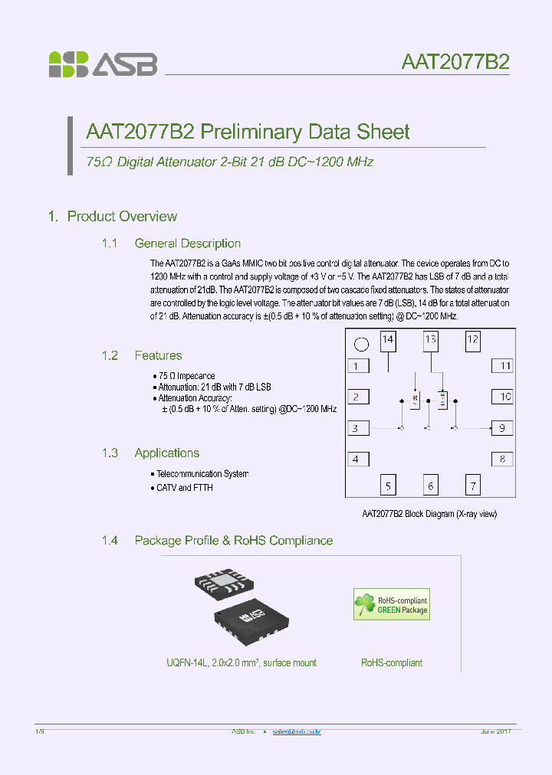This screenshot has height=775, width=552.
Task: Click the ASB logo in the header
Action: [x=103, y=64]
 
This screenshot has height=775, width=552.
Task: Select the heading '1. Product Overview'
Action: [x=112, y=217]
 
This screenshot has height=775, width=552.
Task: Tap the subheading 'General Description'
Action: [x=187, y=244]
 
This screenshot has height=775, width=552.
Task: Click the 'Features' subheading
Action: [x=158, y=355]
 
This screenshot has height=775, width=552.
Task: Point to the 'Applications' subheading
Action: [x=166, y=453]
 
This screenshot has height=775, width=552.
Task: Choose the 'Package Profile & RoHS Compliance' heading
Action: [x=233, y=541]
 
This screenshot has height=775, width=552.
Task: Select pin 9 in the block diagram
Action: [x=502, y=428]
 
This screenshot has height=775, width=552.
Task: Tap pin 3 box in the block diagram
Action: [x=356, y=428]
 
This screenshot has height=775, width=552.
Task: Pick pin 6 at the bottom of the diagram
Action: [x=430, y=486]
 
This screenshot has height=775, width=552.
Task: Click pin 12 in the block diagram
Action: [x=473, y=340]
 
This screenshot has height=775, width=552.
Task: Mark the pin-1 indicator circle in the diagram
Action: [x=362, y=344]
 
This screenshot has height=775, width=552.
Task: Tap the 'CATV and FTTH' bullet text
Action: [x=185, y=488]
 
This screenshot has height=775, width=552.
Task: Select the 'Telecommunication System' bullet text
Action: [x=202, y=474]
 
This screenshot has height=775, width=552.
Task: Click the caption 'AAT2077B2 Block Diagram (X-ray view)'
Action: [x=429, y=514]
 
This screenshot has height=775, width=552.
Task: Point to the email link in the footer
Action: [x=297, y=732]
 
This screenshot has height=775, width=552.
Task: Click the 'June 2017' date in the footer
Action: [x=495, y=732]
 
